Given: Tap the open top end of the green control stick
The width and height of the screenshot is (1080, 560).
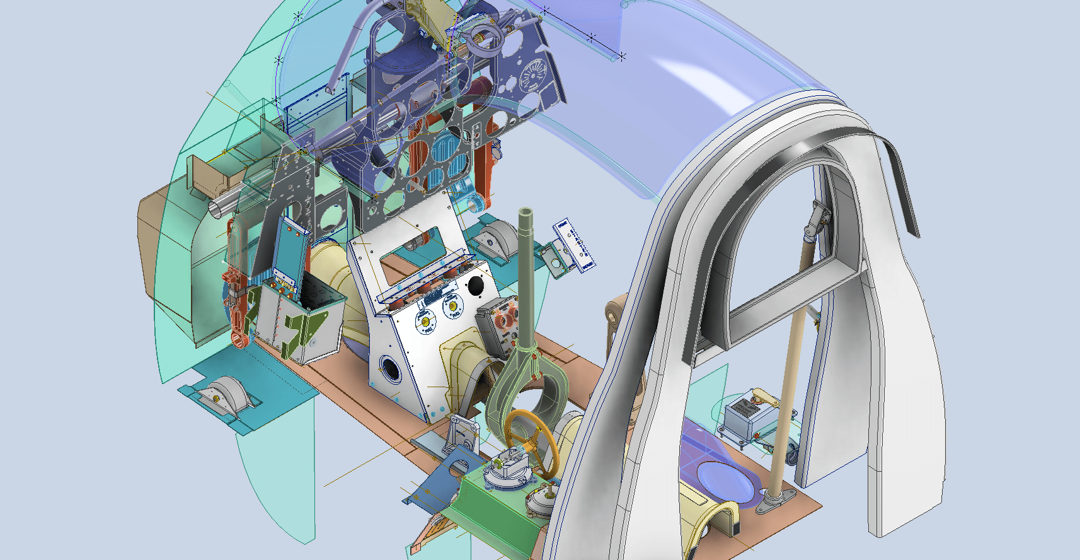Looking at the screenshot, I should click(x=527, y=213).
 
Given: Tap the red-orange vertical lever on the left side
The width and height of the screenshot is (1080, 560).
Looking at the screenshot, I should click(x=236, y=309).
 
